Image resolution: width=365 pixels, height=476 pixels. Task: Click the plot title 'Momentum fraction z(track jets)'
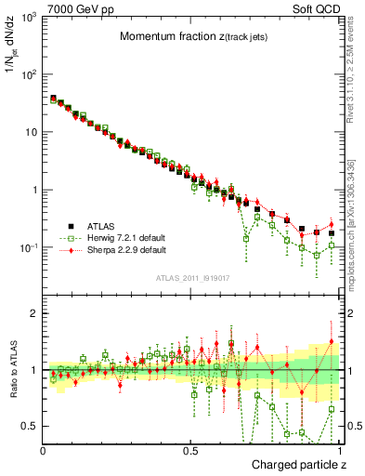point(193,37)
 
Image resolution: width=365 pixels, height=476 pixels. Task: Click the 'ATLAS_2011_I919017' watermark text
point(192,278)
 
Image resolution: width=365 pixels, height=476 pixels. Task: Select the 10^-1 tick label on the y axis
point(26,247)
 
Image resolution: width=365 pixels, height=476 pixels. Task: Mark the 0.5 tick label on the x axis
point(190,449)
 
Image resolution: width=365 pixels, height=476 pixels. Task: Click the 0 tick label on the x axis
point(43,449)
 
